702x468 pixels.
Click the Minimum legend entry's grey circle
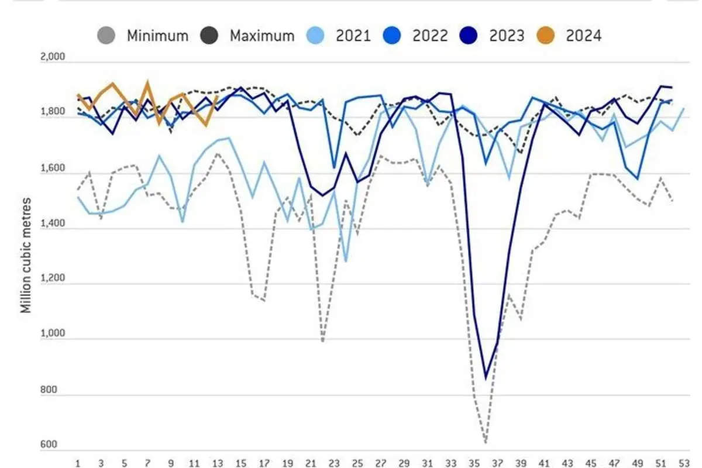coord(107,36)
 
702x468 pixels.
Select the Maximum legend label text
coord(261,36)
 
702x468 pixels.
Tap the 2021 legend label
coord(353,36)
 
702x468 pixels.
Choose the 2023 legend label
coord(507,36)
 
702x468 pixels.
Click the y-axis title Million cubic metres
coord(26,254)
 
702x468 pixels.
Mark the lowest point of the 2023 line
coord(486,378)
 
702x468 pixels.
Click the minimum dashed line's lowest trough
coord(486,442)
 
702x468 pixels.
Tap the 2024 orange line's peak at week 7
coord(147,82)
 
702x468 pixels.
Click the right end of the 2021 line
coord(683,109)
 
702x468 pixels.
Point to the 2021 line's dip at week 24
coord(346,261)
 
